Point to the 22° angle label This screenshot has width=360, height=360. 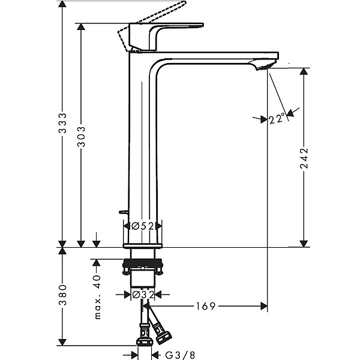(277, 119)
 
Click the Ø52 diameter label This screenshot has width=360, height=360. (143, 226)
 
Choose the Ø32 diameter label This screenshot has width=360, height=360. (143, 295)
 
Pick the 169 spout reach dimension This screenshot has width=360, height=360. (205, 307)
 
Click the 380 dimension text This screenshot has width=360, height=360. (62, 295)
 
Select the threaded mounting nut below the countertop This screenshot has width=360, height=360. (143, 263)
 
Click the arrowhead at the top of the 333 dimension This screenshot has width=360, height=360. (62, 5)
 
